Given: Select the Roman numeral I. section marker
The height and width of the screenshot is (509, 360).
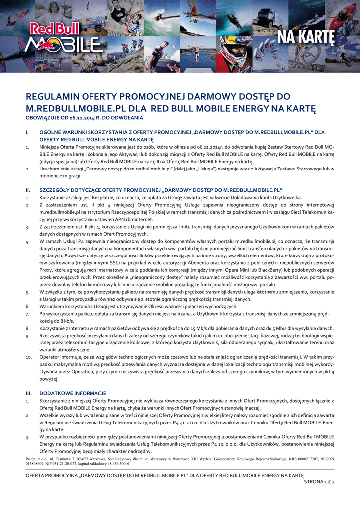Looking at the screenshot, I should pyautogui.click(x=28, y=132).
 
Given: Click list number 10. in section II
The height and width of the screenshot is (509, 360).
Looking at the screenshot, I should pyautogui.click(x=29, y=357).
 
